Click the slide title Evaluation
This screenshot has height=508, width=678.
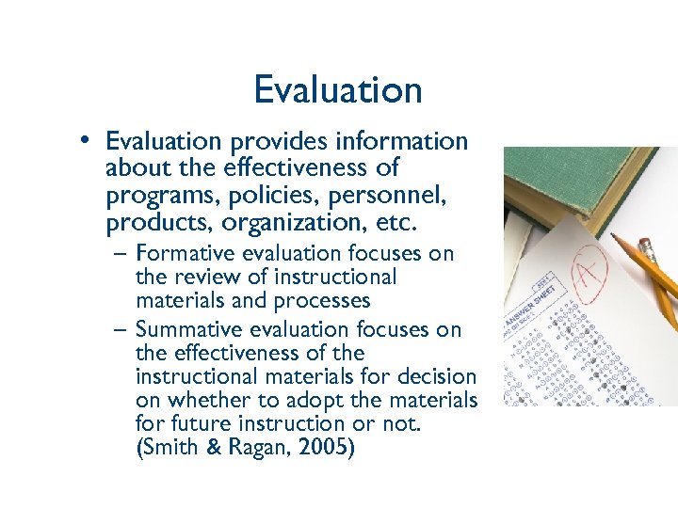337,90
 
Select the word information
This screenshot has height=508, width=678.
411,142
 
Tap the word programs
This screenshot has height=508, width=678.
155,198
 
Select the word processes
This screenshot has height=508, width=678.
323,302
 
